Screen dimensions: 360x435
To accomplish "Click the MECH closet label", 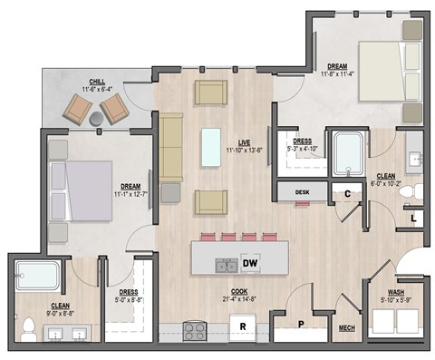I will click(346, 328).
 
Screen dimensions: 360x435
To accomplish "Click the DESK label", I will click(302, 192).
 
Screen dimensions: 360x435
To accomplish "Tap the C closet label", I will click(347, 192).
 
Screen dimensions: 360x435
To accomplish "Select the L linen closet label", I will click(412, 218).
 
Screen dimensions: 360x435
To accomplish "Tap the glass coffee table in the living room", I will click(211, 144).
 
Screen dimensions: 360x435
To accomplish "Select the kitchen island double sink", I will click(226, 264).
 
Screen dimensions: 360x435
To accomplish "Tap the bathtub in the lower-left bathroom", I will click(39, 276).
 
